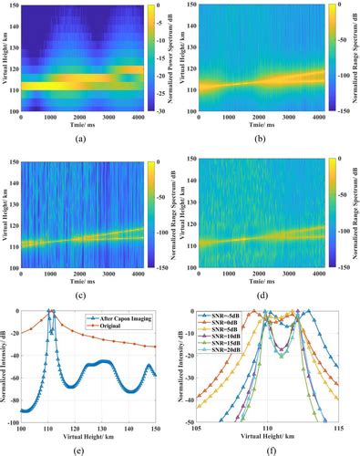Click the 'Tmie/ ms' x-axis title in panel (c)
85,280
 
